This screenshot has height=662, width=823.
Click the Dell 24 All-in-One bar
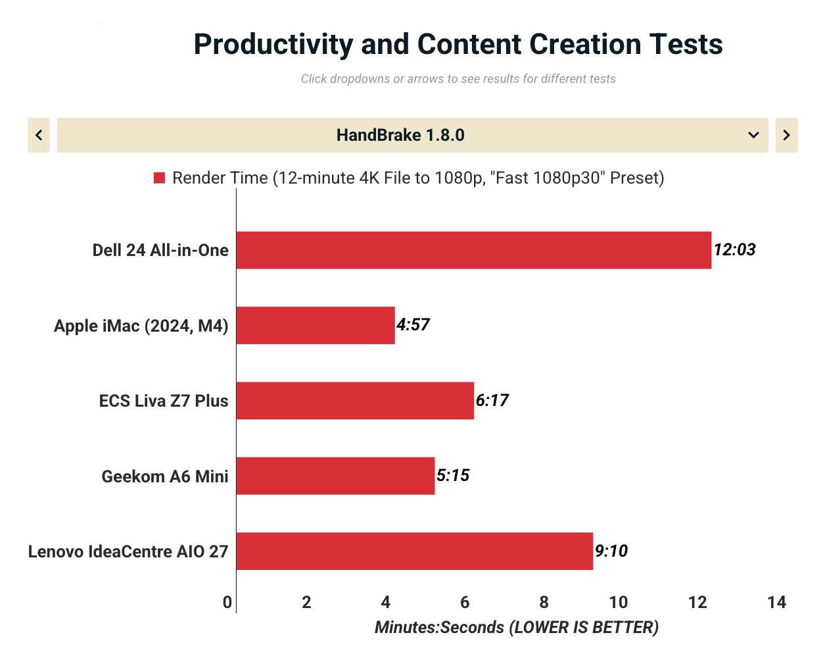(x=473, y=250)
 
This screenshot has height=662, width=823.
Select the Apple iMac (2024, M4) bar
(x=316, y=325)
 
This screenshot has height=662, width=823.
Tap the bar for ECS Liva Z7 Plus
(x=355, y=400)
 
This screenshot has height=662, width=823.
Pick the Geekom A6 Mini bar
(x=335, y=476)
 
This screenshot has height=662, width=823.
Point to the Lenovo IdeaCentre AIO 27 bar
(x=414, y=551)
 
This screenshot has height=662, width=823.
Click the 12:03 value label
(x=734, y=250)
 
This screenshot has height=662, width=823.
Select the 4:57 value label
(x=413, y=325)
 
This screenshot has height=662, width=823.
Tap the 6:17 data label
(x=492, y=400)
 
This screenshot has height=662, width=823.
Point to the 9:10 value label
(x=611, y=551)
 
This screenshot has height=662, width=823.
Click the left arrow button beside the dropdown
(x=39, y=135)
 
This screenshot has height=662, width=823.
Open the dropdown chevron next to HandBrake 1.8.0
(x=753, y=135)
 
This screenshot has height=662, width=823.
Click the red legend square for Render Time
(x=159, y=178)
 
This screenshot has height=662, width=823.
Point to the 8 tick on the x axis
(x=544, y=602)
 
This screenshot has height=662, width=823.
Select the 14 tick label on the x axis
(x=776, y=602)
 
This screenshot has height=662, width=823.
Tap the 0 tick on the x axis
(x=227, y=602)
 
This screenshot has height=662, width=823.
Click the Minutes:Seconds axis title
(x=516, y=627)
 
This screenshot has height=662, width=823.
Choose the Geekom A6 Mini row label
(x=164, y=476)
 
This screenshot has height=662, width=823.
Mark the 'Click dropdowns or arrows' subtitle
(x=458, y=79)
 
